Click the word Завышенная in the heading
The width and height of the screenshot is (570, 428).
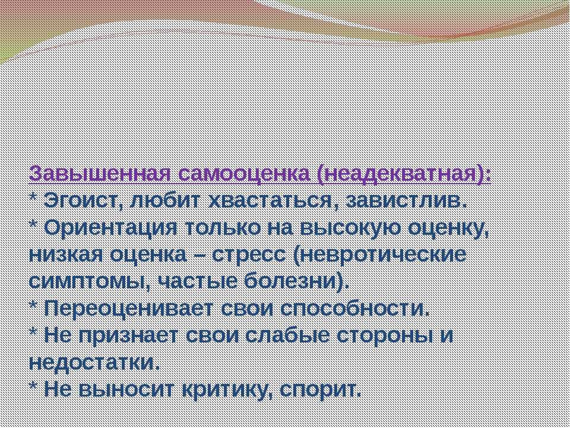[100, 174]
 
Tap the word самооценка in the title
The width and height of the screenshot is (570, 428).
[243, 174]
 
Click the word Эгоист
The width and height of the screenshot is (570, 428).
[83, 201]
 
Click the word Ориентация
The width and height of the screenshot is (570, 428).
[110, 228]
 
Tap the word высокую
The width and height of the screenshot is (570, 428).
[350, 228]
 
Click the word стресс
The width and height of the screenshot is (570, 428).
[249, 256]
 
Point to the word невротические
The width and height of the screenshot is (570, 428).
[379, 255]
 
